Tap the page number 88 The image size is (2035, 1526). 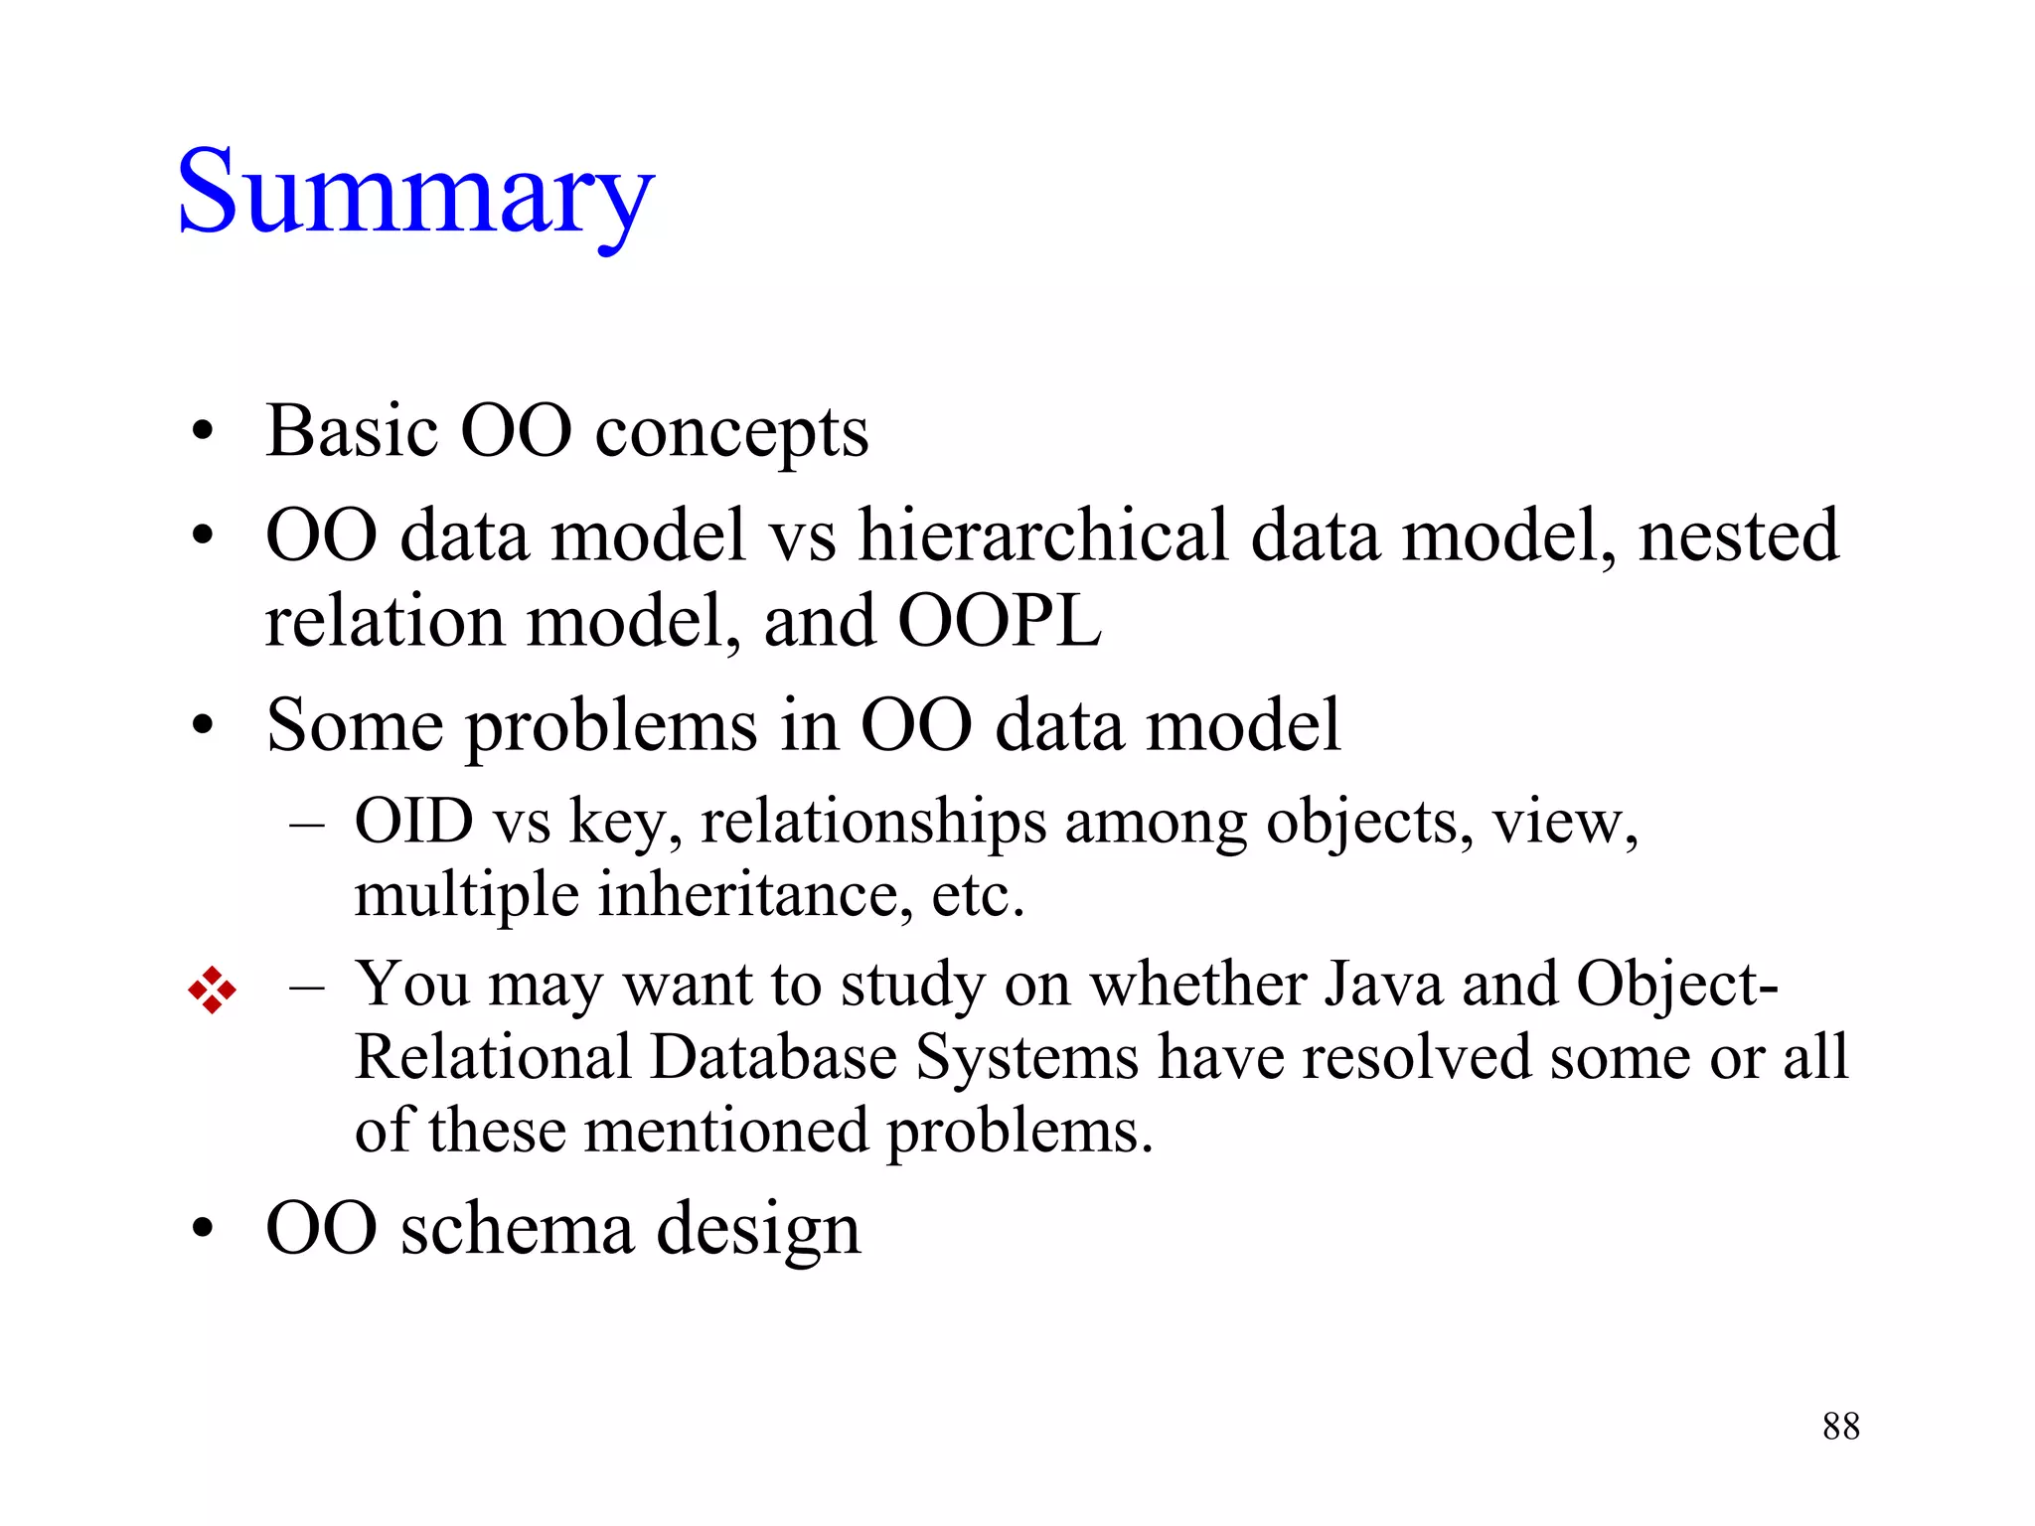[1840, 1427]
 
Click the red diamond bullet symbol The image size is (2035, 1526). [212, 990]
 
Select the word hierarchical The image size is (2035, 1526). [1042, 536]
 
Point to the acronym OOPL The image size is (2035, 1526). [1000, 622]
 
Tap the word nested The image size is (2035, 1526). [1739, 536]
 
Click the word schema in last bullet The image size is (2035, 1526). [517, 1230]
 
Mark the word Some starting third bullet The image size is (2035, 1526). [355, 725]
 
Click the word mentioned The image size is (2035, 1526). [725, 1131]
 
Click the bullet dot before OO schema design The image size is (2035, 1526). [203, 1230]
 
